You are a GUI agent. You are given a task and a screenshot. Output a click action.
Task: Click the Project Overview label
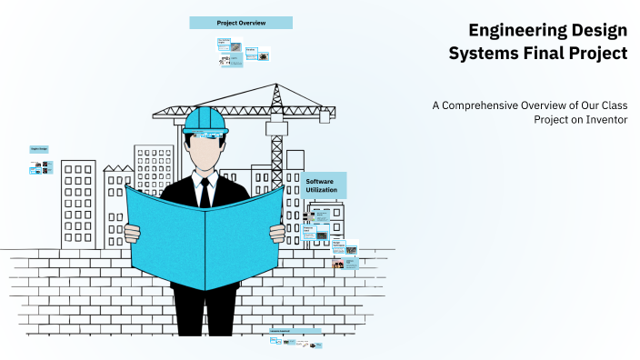point(241,22)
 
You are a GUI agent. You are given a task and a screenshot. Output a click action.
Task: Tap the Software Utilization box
point(323,185)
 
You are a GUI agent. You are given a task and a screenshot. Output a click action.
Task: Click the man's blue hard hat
point(205,120)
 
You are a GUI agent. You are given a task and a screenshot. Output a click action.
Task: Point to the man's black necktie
point(205,192)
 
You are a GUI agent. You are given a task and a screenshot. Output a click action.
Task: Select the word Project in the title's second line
point(597,54)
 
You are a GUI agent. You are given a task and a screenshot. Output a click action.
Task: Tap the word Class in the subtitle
point(610,105)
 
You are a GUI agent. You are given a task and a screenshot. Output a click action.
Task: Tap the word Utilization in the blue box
point(323,191)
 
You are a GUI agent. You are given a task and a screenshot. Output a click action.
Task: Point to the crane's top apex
point(275,85)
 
